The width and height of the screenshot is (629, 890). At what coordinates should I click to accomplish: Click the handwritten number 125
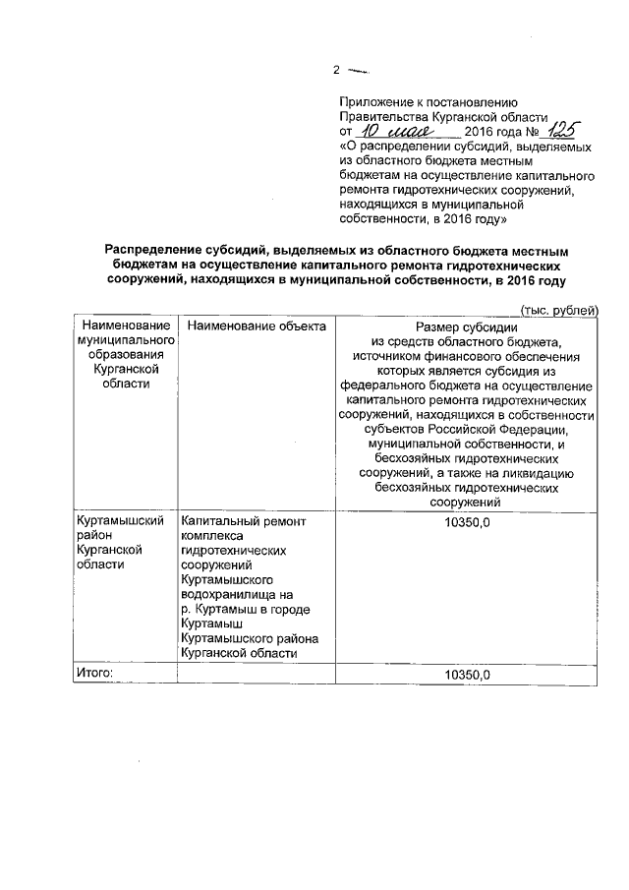(564, 129)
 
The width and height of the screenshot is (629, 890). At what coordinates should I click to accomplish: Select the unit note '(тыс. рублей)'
(557, 310)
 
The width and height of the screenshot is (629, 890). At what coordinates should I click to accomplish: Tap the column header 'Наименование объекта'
(256, 326)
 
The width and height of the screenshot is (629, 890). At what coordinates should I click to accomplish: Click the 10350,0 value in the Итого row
(467, 675)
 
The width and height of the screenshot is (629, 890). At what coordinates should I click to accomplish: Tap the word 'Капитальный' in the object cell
(222, 521)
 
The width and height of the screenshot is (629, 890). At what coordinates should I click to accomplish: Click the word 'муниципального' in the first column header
(125, 339)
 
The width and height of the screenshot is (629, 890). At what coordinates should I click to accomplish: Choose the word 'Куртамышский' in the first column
(119, 521)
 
